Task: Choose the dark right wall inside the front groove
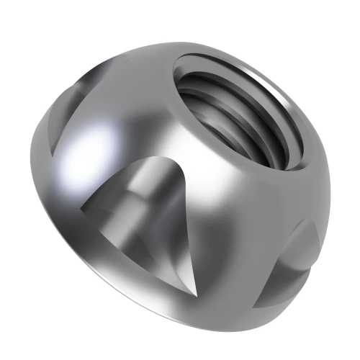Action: [x=176, y=230]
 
